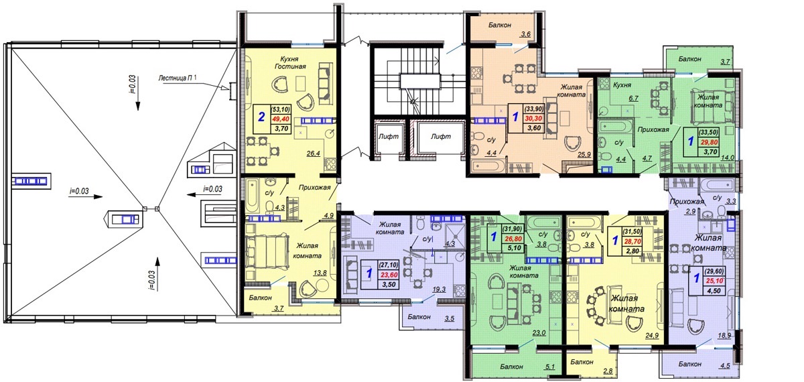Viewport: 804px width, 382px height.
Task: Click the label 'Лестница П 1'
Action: (x=178, y=78)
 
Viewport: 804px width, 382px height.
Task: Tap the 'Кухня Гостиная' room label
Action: (x=290, y=62)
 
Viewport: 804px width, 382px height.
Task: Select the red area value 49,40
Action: (x=281, y=119)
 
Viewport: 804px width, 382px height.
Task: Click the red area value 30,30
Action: (x=534, y=119)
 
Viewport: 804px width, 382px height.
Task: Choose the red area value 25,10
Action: (x=714, y=281)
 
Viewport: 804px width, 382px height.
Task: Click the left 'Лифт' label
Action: (x=389, y=137)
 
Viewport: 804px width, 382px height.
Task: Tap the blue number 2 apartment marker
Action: (x=262, y=117)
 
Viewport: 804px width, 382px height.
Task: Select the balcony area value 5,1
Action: (x=550, y=367)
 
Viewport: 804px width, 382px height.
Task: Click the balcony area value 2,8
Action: (x=608, y=371)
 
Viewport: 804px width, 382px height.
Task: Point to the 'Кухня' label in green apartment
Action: (x=622, y=85)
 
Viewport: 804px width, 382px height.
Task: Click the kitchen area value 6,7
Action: (x=634, y=99)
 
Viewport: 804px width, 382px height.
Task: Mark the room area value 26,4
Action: (x=314, y=153)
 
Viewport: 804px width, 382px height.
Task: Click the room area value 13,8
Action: (x=320, y=273)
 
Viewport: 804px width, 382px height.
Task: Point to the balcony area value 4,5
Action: (x=725, y=366)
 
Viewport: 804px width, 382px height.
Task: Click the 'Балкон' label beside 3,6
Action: (x=500, y=25)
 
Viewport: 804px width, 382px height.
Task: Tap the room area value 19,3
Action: (x=439, y=290)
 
